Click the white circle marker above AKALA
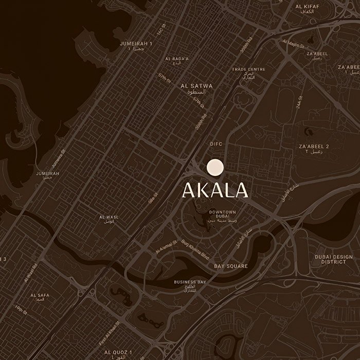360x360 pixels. (x=215, y=168)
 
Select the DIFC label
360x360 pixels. (x=216, y=145)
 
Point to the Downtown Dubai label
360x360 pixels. (x=222, y=215)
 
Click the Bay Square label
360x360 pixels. (x=231, y=266)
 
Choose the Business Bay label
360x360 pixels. (x=190, y=284)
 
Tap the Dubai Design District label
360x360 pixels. (x=334, y=259)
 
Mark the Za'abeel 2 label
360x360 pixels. (x=314, y=149)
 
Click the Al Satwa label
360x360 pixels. (x=196, y=88)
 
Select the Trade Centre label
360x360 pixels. (x=248, y=71)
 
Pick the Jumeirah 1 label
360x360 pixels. (x=136, y=46)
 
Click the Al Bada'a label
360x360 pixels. (x=177, y=61)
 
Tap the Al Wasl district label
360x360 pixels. (x=109, y=219)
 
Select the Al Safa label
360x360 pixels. (x=40, y=297)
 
